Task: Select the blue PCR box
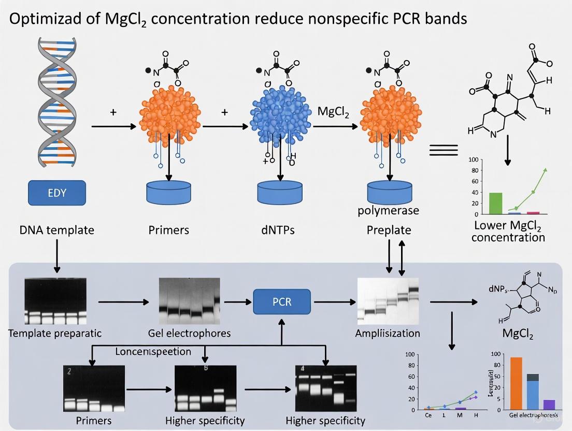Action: (281, 301)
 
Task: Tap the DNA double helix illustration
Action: (55, 98)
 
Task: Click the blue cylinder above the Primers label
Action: (169, 192)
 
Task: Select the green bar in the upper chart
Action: (496, 203)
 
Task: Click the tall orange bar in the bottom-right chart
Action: (516, 383)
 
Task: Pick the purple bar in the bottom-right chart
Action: (549, 405)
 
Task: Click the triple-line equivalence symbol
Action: (444, 150)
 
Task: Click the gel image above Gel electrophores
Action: (189, 300)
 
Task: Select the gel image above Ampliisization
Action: (388, 301)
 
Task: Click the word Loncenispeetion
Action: (153, 352)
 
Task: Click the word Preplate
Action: (389, 230)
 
